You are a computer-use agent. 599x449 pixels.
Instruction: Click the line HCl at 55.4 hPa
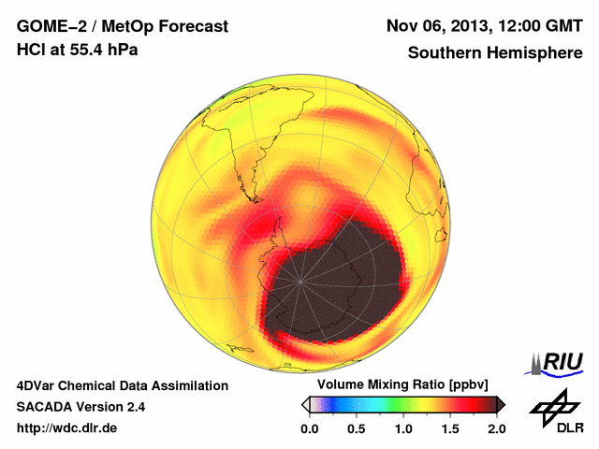[78, 50]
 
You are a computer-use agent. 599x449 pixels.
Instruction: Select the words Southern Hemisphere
[494, 53]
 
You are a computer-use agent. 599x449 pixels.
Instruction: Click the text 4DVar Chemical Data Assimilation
[123, 385]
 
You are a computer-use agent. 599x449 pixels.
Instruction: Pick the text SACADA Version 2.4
[80, 407]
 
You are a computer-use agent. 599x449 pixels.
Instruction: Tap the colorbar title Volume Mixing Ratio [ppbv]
[402, 385]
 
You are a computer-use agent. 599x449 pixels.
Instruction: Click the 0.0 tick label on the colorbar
[309, 428]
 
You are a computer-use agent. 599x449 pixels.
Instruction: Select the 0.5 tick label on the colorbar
[356, 428]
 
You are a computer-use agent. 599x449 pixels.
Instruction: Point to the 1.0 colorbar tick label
[402, 428]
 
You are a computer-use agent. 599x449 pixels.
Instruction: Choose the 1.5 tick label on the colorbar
[449, 428]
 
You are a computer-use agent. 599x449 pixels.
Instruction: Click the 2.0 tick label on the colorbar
[496, 428]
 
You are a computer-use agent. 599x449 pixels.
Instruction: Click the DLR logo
[553, 413]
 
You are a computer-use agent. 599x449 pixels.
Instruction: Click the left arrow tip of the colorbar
[304, 404]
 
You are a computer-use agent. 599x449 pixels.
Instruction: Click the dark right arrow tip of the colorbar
[501, 404]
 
